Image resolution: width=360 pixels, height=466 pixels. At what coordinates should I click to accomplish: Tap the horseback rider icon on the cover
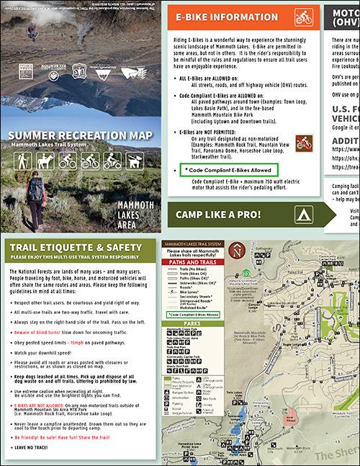pyautogui.click(x=48, y=160)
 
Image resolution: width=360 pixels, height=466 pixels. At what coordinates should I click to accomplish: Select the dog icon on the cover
pyautogui.click(x=133, y=160)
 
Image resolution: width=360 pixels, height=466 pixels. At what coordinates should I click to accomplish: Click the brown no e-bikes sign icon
pyautogui.click(x=304, y=142)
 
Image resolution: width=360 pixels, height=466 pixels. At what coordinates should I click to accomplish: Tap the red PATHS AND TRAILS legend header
pyautogui.click(x=194, y=262)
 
